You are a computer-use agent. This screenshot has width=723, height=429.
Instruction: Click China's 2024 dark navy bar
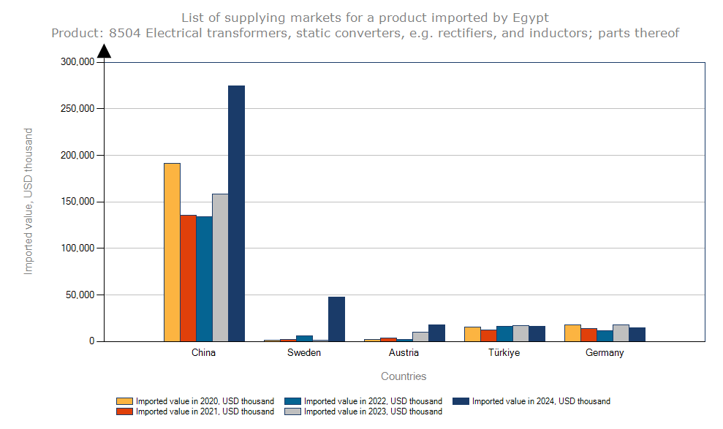click(236, 213)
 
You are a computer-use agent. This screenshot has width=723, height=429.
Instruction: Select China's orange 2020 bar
click(172, 251)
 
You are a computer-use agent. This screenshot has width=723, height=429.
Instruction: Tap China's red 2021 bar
click(188, 278)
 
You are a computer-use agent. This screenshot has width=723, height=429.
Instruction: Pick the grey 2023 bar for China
click(220, 267)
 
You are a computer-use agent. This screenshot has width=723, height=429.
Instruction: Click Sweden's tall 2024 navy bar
click(336, 319)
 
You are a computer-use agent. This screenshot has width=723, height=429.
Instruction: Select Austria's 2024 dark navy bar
click(436, 333)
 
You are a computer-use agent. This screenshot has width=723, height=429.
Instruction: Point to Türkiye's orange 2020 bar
click(472, 334)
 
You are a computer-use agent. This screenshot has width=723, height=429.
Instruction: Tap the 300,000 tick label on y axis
click(75, 62)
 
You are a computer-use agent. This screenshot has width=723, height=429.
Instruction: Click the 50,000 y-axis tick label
click(78, 295)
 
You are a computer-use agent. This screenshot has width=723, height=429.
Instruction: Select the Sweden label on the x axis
click(303, 353)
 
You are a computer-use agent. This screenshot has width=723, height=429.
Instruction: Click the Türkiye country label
click(504, 353)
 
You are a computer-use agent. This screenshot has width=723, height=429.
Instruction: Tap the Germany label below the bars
click(605, 353)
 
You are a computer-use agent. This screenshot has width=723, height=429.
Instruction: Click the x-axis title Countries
click(404, 376)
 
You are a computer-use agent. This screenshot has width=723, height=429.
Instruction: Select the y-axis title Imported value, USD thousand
click(29, 201)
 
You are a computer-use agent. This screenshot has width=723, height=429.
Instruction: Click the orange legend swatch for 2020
click(124, 401)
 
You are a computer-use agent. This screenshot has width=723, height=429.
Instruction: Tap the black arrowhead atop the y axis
click(104, 50)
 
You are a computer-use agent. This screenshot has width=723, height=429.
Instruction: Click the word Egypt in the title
click(531, 17)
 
